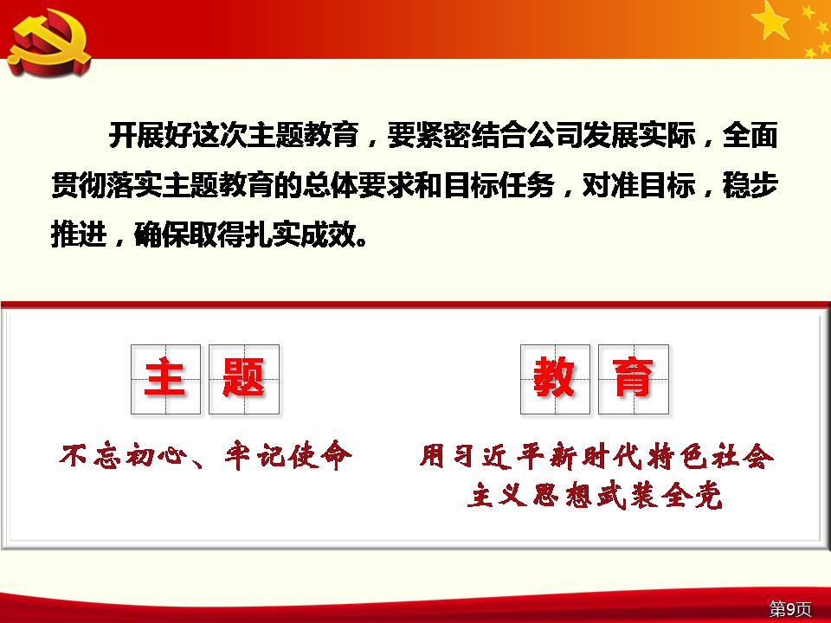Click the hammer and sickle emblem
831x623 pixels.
click(49, 42)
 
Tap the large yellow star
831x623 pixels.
click(770, 20)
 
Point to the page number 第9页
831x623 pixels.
click(790, 608)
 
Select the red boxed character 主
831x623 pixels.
click(164, 378)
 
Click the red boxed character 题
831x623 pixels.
click(243, 378)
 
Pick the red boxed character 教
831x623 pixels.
click(554, 378)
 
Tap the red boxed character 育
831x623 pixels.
click(633, 378)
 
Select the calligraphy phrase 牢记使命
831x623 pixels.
click(287, 456)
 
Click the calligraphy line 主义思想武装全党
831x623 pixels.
click(595, 496)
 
